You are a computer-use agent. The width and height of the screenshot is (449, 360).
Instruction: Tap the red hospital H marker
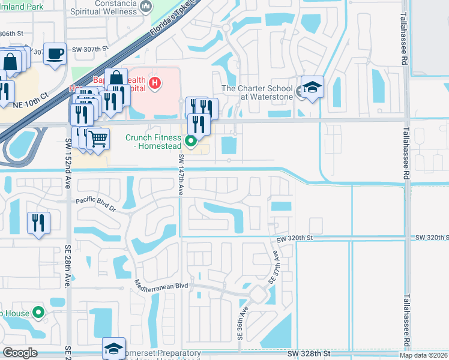click(x=155, y=83)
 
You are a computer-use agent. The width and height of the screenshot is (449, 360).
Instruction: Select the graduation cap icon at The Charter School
click(x=312, y=88)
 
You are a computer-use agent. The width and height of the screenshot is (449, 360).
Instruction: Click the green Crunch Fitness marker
click(x=191, y=142)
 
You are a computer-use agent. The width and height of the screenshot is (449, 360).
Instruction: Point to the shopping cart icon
click(x=98, y=139)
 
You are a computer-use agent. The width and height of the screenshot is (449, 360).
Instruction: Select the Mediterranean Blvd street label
click(x=161, y=286)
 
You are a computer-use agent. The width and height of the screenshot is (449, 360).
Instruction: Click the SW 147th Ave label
click(x=181, y=175)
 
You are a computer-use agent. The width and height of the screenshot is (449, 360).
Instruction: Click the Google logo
click(x=20, y=352)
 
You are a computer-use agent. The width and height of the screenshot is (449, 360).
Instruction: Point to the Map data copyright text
click(x=423, y=355)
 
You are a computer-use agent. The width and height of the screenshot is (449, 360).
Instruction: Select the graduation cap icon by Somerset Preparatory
click(x=113, y=348)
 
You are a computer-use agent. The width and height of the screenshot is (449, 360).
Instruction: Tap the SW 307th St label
click(x=90, y=49)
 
